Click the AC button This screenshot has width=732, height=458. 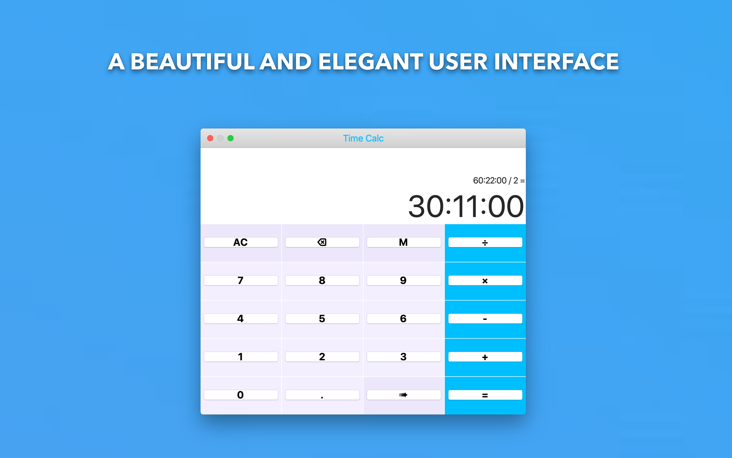tap(241, 242)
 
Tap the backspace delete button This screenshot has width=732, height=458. tap(322, 242)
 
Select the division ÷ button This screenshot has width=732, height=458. tap(485, 242)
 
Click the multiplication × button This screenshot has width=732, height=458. tap(485, 280)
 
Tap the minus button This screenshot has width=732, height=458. tap(485, 319)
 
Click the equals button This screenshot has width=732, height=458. tap(485, 395)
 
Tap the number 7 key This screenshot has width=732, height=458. tap(241, 280)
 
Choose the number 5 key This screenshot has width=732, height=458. tap(322, 319)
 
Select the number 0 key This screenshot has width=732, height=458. tap(241, 395)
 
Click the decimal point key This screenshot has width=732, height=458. tap(322, 395)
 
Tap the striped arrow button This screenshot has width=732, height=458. tap(404, 395)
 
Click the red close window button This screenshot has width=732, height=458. tap(210, 138)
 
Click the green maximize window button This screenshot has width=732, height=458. tap(231, 138)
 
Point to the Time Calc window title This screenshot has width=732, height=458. tap(363, 138)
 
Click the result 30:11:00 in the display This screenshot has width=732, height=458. tap(466, 207)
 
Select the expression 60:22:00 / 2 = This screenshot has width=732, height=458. tap(499, 181)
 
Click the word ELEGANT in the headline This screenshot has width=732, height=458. tap(371, 62)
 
